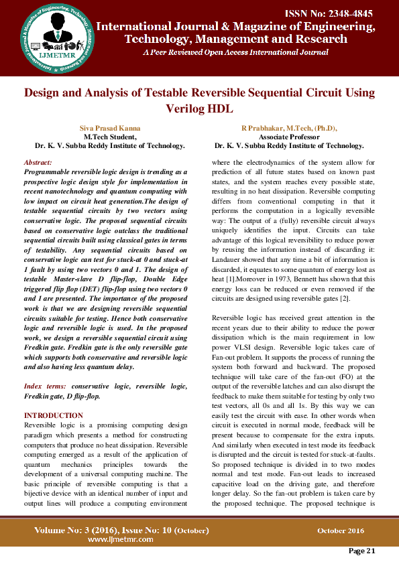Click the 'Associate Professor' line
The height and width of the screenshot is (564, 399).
click(289, 136)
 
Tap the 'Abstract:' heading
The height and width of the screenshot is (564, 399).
click(38, 163)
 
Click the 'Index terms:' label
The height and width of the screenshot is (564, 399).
click(45, 387)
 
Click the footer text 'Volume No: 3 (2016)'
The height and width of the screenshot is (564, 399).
click(78, 530)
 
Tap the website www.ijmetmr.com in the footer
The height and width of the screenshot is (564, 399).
click(118, 539)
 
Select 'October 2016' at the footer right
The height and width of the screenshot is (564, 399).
click(341, 531)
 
